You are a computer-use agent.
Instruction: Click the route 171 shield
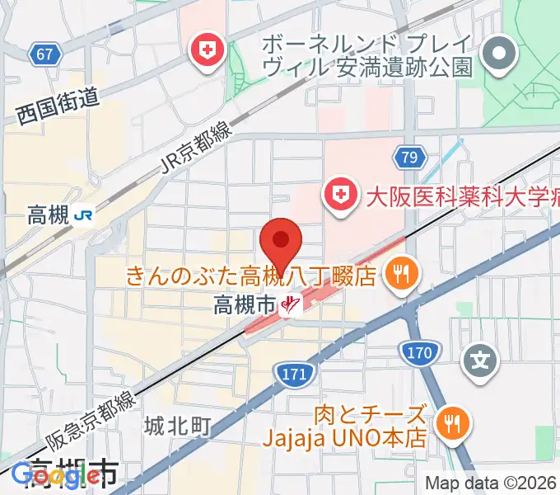coord(294,373)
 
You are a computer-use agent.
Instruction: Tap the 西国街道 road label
coord(57,107)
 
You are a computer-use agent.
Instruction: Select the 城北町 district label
coord(178,426)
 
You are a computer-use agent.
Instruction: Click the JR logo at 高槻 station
coord(83,216)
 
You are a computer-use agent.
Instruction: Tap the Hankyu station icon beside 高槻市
coord(289,306)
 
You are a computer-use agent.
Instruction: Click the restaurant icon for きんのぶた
coord(401,273)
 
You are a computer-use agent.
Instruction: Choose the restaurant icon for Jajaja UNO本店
coord(451,424)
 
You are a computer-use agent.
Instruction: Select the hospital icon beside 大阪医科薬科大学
coord(339,196)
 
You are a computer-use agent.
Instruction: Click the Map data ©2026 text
coord(491,483)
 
